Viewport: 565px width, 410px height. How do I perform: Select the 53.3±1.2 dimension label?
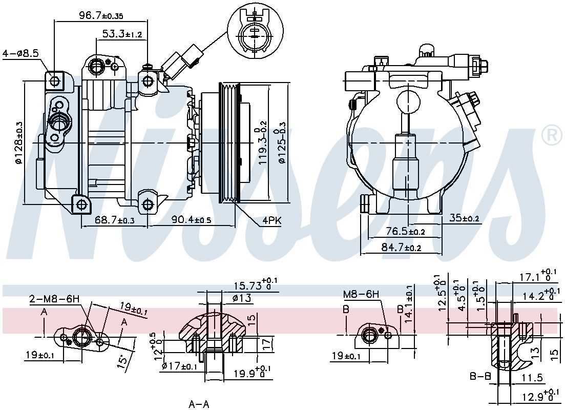pos(122,34)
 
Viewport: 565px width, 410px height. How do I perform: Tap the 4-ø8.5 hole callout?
pos(20,54)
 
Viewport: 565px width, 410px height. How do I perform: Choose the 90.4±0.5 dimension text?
pos(191,219)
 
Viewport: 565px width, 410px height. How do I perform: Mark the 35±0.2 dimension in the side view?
pos(464,218)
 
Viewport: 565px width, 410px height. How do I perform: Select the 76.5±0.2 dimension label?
pos(405,231)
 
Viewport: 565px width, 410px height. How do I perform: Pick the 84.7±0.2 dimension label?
pos(401,248)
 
